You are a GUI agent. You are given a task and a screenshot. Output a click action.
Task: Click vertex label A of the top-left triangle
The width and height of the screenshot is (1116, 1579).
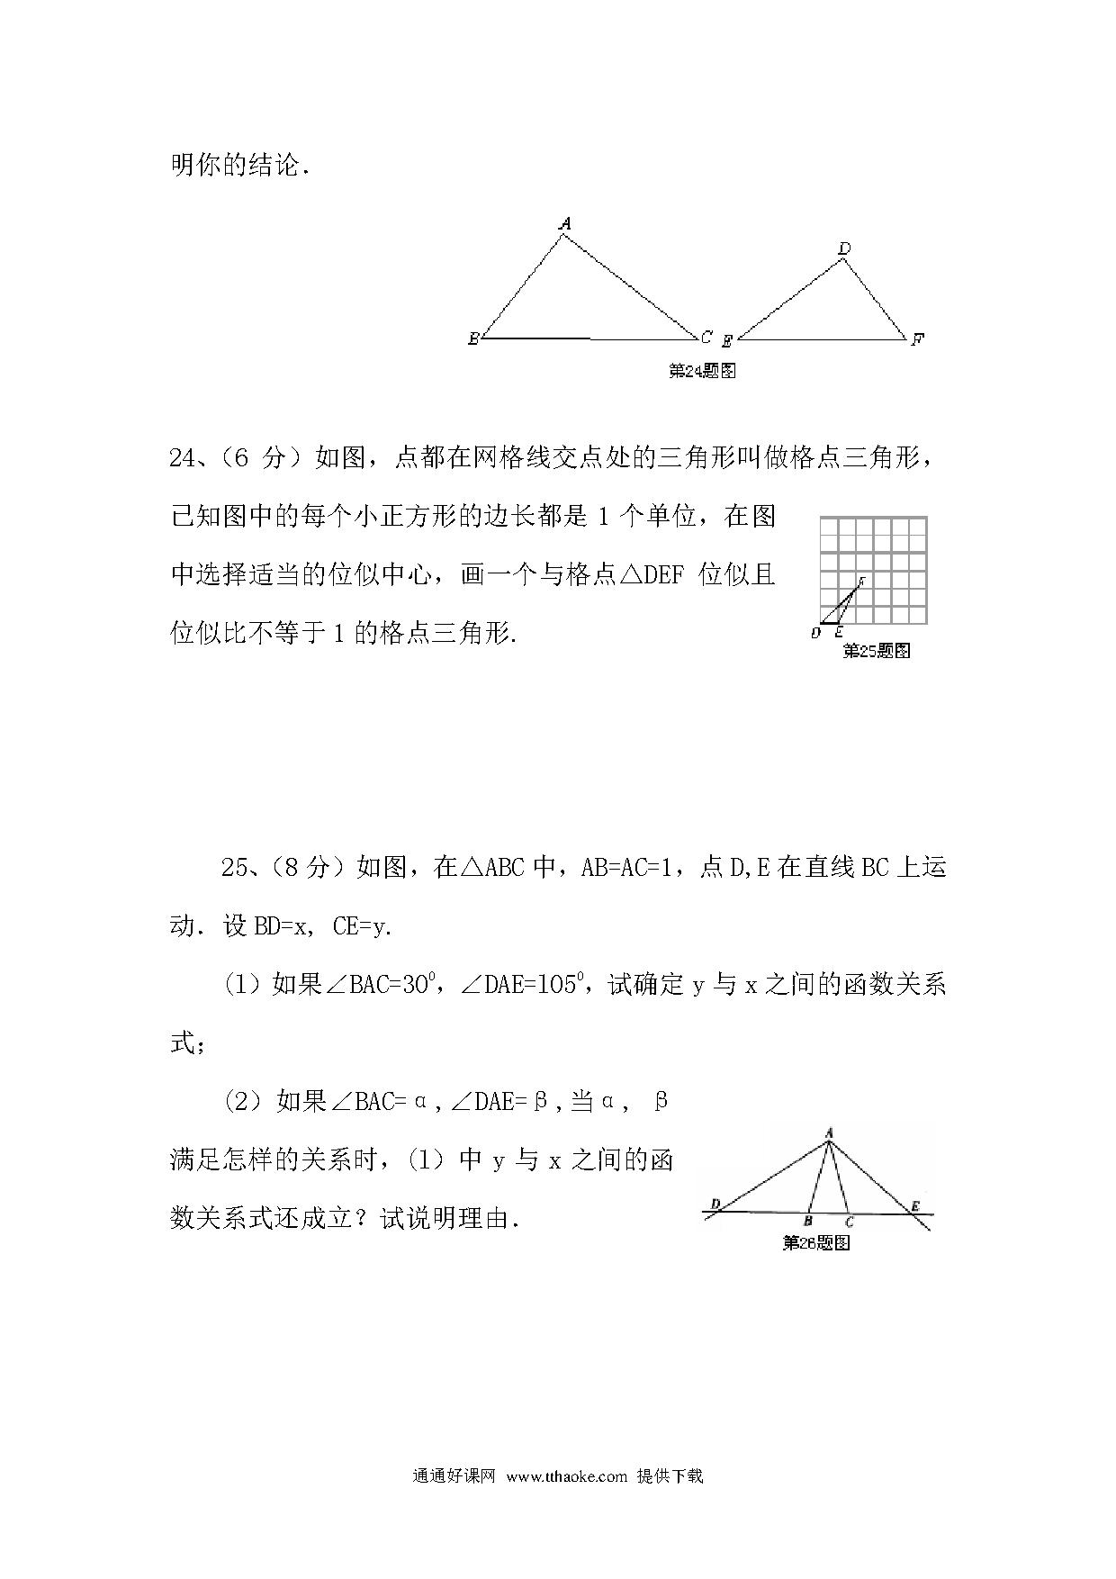pyautogui.click(x=565, y=223)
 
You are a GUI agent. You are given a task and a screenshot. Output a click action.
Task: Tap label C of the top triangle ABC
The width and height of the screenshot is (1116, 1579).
pyautogui.click(x=706, y=338)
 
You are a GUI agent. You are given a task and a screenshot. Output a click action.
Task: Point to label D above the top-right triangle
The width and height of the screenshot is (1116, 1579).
pyautogui.click(x=844, y=248)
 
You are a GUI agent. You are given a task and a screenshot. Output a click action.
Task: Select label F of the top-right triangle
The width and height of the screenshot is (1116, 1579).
pyautogui.click(x=917, y=339)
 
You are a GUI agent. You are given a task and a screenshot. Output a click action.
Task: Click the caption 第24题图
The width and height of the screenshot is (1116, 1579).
pyautogui.click(x=703, y=370)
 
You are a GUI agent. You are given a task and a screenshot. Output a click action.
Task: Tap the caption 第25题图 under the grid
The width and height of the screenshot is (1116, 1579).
pyautogui.click(x=876, y=651)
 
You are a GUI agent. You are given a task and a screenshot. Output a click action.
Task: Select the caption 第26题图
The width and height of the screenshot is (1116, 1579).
pyautogui.click(x=816, y=1243)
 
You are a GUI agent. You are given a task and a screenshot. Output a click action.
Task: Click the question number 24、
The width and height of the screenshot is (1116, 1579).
pyautogui.click(x=190, y=458)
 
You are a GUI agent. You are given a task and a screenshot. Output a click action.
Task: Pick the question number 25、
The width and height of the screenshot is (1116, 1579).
pyautogui.click(x=241, y=868)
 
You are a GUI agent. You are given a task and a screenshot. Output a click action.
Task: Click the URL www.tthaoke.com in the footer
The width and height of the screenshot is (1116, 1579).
pyautogui.click(x=566, y=1476)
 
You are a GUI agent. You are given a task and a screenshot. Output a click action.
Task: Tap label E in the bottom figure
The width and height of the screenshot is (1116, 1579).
pyautogui.click(x=915, y=1205)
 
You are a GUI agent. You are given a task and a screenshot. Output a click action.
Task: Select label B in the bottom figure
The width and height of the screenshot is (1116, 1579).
pyautogui.click(x=808, y=1222)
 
